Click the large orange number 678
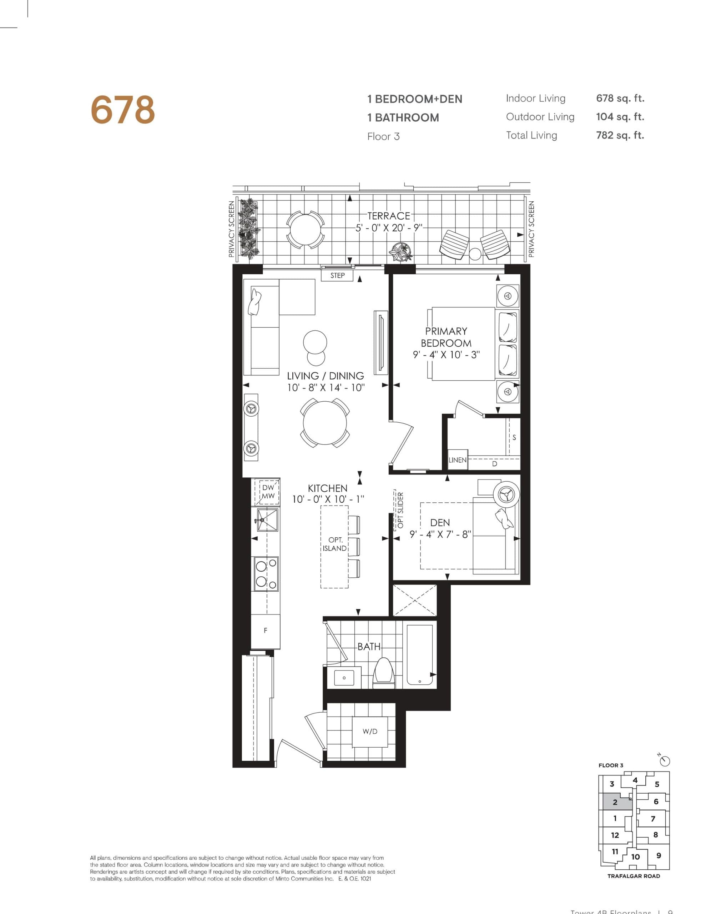pos(123,110)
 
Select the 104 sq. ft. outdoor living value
pos(620,117)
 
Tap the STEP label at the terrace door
pos(337,275)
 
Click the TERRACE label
pos(388,216)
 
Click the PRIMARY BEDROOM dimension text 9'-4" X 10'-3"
pos(446,355)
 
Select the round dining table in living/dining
pos(325,423)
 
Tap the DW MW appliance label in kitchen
pos(268,492)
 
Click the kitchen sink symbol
pos(267,520)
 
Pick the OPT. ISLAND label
pos(335,544)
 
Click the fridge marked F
pos(265,630)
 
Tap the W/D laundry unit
pos(370,732)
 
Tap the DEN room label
pos(440,523)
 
